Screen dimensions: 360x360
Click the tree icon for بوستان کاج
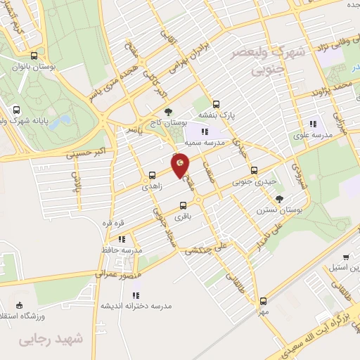[x=167, y=111]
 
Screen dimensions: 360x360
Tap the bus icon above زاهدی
[x=151, y=175]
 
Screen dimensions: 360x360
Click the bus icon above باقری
[x=183, y=206]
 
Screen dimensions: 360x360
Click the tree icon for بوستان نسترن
[x=279, y=199]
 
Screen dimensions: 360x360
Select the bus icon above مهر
[x=262, y=300]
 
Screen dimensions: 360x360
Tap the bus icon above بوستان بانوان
[x=34, y=57]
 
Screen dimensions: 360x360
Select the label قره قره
[x=114, y=223]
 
